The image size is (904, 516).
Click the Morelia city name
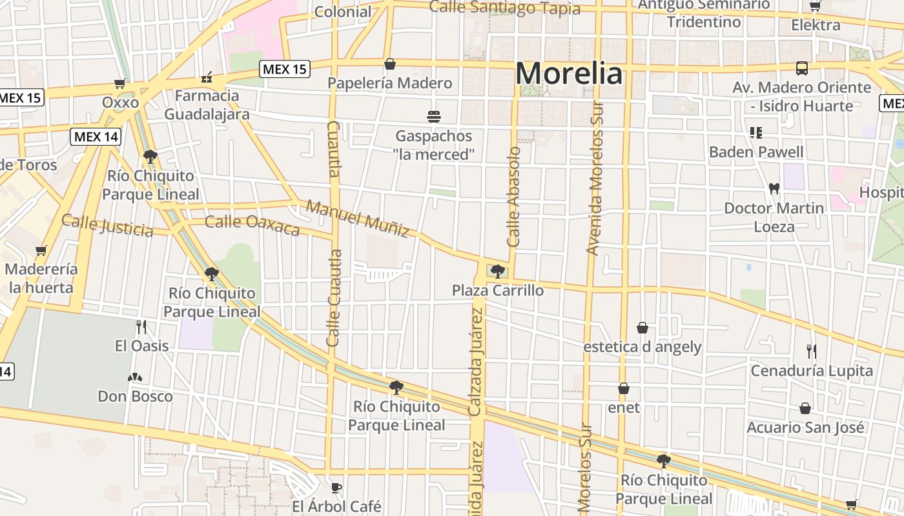[x=569, y=74]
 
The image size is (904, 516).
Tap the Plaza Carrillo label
[x=497, y=290]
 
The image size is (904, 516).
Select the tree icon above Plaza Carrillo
[x=497, y=271]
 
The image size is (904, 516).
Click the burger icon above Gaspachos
[x=434, y=117]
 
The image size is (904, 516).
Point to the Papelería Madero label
[x=389, y=83]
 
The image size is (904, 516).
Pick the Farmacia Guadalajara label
[x=207, y=105]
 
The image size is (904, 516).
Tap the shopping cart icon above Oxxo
[x=119, y=83]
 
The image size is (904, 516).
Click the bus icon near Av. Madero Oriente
[x=801, y=68]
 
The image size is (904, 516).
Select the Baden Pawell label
[x=756, y=152]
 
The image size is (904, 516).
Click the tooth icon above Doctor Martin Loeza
[x=774, y=189]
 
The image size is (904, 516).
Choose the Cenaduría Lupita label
[x=811, y=371]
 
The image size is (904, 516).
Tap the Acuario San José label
[x=805, y=428]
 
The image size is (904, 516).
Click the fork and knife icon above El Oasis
[x=142, y=327]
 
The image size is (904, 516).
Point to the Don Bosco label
[x=135, y=396]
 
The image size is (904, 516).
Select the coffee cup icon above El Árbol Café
[x=336, y=487]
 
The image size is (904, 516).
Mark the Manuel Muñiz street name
[x=358, y=218]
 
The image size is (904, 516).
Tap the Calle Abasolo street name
[x=514, y=197]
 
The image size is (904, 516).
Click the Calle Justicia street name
[x=107, y=225]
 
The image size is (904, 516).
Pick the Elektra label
[x=816, y=26]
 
